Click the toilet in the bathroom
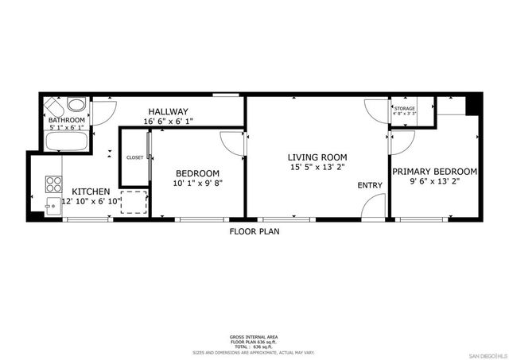tap(54, 106)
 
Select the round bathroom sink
tap(77, 104)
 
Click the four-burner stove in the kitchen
tap(53, 184)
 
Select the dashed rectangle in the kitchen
tap(134, 202)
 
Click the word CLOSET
tap(135, 157)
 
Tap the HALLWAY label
tap(167, 111)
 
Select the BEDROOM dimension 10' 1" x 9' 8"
tap(197, 184)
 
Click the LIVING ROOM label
tap(316, 157)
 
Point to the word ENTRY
tap(370, 185)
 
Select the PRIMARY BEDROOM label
tap(433, 171)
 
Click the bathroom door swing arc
tap(100, 115)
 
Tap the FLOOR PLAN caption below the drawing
tap(254, 232)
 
